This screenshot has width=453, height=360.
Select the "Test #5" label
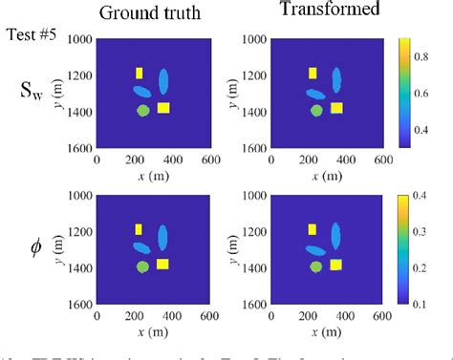click(x=32, y=35)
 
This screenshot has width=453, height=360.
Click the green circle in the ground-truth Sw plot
click(x=142, y=111)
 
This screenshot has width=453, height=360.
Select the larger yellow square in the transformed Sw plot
click(x=336, y=108)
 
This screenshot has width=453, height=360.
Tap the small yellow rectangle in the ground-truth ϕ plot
click(x=139, y=229)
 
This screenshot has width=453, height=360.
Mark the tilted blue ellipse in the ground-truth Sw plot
click(x=141, y=93)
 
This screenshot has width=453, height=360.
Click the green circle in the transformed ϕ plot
click(x=316, y=267)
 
